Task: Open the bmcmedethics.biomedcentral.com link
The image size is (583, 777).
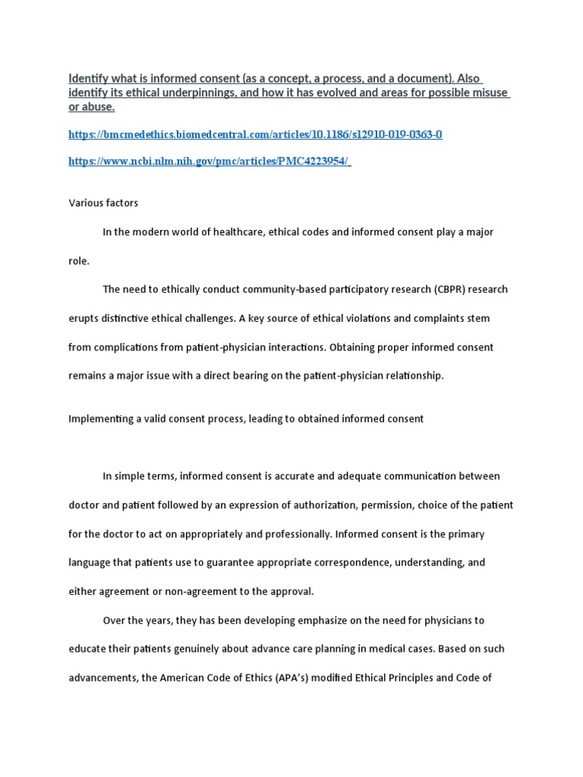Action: pos(255,135)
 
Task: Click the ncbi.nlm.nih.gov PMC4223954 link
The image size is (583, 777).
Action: pos(210,162)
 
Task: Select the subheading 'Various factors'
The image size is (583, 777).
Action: pos(103,203)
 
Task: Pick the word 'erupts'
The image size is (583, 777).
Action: pos(84,319)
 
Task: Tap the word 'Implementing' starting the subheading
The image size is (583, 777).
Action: pos(99,419)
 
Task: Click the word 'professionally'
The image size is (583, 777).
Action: pos(290,534)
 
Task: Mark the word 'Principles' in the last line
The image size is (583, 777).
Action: pos(425,678)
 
